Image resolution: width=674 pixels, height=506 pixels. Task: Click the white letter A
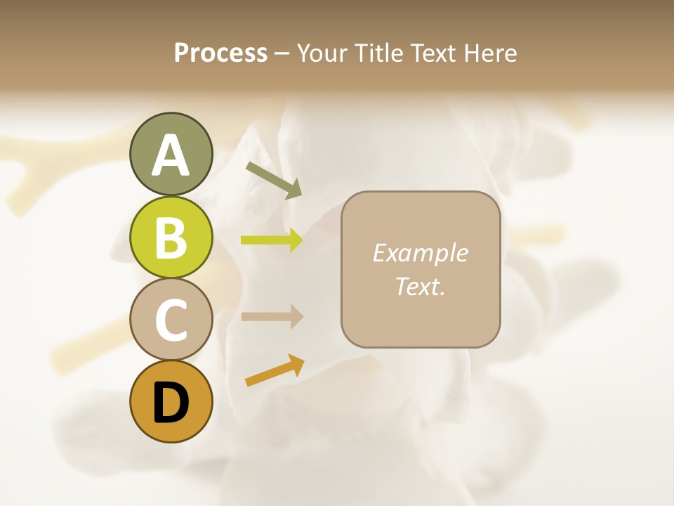171,155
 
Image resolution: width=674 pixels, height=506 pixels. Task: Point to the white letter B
171,238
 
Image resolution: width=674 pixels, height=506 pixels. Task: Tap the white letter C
171,320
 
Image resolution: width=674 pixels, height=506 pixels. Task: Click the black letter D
171,402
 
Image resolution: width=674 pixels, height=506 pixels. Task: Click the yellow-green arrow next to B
272,240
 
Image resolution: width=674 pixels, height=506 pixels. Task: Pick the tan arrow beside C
272,316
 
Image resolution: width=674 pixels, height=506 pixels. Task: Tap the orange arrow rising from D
275,370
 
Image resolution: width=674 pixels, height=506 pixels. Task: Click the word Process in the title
220,53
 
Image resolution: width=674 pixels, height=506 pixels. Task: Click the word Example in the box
420,253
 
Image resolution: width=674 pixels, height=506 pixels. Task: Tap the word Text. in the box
420,286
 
